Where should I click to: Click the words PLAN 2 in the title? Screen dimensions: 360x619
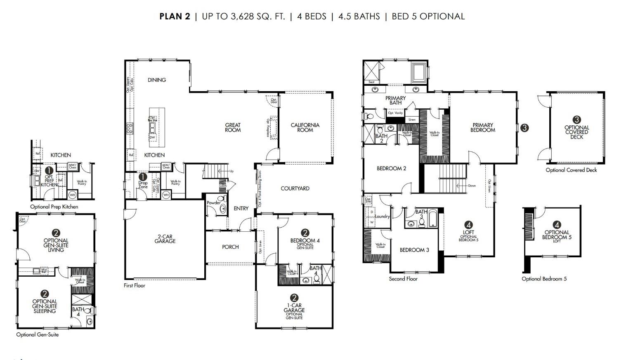coord(175,16)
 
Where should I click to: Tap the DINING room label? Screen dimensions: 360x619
coord(157,80)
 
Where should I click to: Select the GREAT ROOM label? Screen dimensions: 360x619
coord(233,127)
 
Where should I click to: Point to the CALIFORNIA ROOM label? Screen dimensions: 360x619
coord(305,127)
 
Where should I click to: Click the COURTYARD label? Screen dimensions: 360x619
coord(295,188)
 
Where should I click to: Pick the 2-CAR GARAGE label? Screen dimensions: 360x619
coord(165,239)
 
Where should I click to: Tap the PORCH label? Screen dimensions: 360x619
coord(230,247)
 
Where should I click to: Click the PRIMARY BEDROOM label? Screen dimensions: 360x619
coord(482,127)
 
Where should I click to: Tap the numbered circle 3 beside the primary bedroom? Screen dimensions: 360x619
coord(524,128)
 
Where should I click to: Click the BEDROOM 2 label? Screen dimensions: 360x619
coord(391,169)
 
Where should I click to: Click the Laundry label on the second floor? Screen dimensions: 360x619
coord(382,216)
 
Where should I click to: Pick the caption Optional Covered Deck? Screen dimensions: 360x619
coord(571,170)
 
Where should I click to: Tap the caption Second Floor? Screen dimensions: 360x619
coord(403,279)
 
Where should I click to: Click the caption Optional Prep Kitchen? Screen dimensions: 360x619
coord(54,207)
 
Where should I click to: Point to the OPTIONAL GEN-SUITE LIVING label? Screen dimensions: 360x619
coord(56,245)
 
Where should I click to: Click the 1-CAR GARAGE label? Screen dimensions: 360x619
coord(294,308)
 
